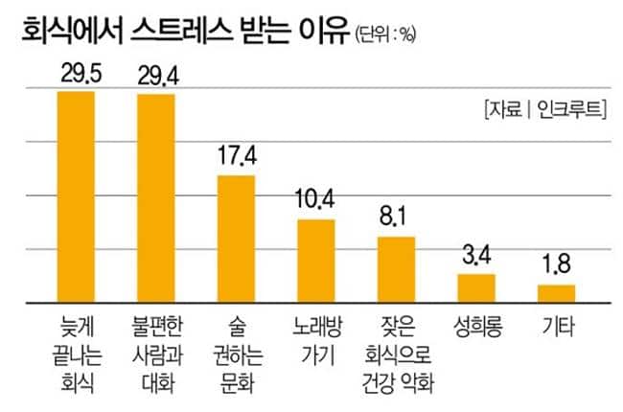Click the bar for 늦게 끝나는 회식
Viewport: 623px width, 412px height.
76,196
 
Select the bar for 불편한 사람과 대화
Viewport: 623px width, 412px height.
156,197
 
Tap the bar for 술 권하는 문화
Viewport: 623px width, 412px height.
236,239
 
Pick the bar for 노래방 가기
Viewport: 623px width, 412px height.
315,261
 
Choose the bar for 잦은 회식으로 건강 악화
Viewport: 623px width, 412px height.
395,268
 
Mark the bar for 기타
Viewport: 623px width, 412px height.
555,293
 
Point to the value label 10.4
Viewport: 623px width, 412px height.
315,201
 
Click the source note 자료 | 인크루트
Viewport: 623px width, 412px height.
545,109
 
